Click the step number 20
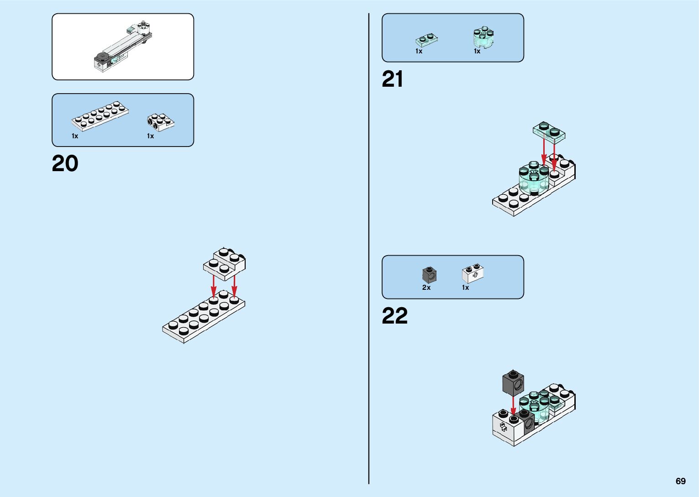point(65,163)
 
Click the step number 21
point(393,79)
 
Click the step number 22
point(394,315)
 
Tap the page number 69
point(680,481)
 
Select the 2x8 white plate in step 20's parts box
point(100,117)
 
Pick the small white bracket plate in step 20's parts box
point(160,121)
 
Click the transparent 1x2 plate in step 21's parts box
point(427,41)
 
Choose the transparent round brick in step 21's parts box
point(484,37)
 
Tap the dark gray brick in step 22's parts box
point(429,275)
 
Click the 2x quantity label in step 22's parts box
point(426,288)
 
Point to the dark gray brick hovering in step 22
point(513,383)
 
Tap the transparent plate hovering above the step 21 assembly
point(549,132)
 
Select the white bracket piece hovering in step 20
point(224,263)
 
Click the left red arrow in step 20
point(214,285)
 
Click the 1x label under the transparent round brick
point(477,51)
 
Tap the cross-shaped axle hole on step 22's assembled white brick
point(503,427)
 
